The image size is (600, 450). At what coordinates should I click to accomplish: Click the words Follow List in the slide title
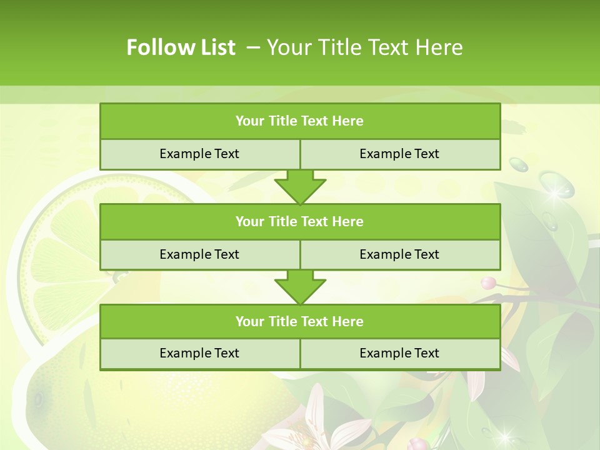(181, 47)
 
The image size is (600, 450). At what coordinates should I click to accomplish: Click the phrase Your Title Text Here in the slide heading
(364, 47)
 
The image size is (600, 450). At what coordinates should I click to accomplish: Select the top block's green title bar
(300, 121)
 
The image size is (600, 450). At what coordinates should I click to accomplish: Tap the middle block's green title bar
(300, 221)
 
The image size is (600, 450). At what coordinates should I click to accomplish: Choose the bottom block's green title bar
(300, 321)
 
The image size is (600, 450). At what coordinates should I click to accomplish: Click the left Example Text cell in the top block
(199, 154)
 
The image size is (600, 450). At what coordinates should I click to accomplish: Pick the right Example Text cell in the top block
(399, 154)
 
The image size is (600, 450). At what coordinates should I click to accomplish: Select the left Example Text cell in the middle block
(199, 254)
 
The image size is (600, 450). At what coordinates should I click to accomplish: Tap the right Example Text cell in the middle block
(399, 254)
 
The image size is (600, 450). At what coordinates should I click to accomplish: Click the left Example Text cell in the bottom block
(199, 353)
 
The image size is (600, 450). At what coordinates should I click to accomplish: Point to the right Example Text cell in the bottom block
(399, 353)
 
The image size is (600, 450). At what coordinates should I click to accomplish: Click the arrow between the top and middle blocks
(300, 187)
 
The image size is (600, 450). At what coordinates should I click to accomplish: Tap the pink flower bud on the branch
(489, 282)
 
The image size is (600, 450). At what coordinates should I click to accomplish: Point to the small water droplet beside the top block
(519, 164)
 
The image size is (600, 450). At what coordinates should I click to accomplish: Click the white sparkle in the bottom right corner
(504, 432)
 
